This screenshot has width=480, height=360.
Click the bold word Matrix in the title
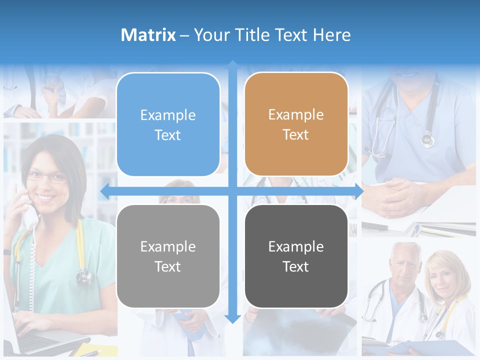tap(148, 35)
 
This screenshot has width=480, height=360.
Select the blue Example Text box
tap(168, 124)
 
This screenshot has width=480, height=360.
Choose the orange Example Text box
tap(296, 124)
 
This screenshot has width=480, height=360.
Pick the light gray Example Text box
tap(168, 256)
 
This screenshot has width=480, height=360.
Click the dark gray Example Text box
tap(296, 256)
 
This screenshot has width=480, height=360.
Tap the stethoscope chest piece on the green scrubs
tap(83, 275)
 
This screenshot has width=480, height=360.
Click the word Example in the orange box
tap(296, 114)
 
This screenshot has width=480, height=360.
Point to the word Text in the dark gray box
tap(296, 266)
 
